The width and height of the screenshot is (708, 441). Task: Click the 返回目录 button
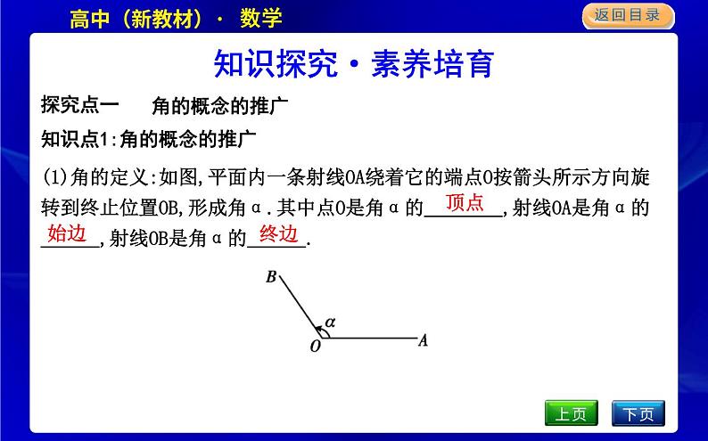tap(627, 14)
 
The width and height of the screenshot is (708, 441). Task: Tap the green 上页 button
tap(571, 413)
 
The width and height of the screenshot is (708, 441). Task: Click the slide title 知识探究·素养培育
tap(354, 64)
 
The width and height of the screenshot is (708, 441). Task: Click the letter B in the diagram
tap(271, 277)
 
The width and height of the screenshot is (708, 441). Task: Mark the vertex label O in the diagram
tap(315, 347)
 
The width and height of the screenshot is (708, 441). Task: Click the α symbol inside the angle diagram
tap(330, 320)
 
